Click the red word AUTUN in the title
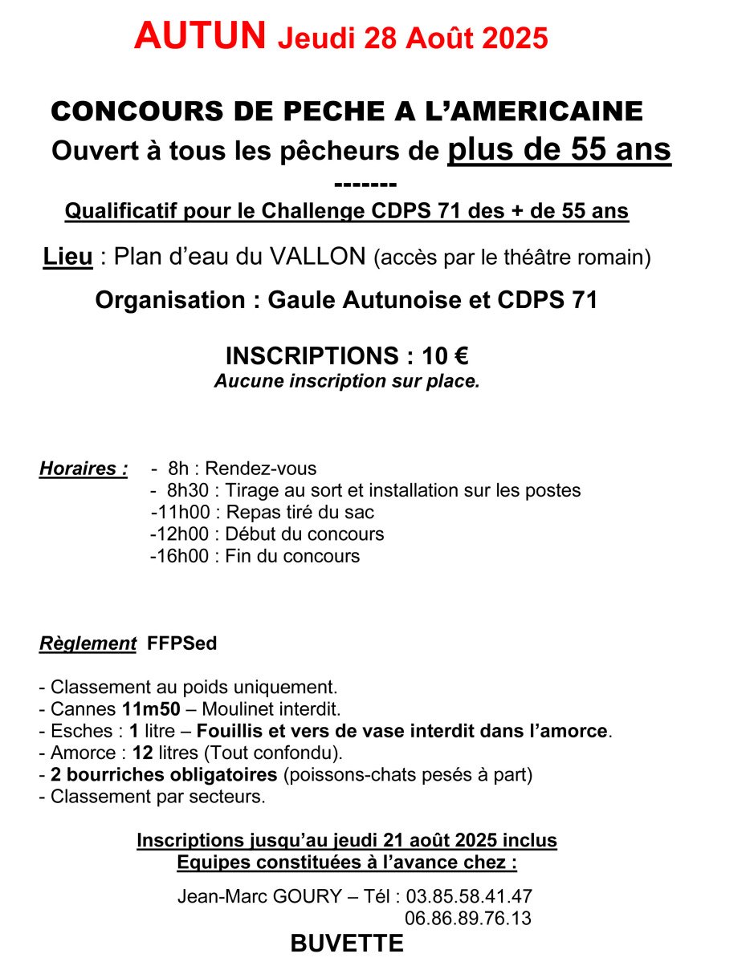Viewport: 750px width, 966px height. click(x=200, y=35)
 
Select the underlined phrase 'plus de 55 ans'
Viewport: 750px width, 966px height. click(x=559, y=149)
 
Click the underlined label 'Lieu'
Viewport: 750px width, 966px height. click(x=67, y=258)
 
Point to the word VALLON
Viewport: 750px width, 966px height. click(x=317, y=258)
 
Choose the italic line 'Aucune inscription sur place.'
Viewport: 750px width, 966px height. click(x=347, y=381)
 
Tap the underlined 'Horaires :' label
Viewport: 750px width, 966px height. click(x=84, y=469)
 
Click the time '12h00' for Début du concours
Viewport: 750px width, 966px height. click(x=182, y=534)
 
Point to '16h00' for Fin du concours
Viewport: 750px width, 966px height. click(x=182, y=555)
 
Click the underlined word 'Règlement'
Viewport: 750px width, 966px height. click(x=88, y=643)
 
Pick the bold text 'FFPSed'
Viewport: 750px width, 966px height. click(x=182, y=643)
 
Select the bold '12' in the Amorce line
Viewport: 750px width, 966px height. click(x=143, y=753)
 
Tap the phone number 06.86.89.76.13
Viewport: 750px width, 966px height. click(x=468, y=918)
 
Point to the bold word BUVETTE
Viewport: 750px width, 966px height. click(x=347, y=944)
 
